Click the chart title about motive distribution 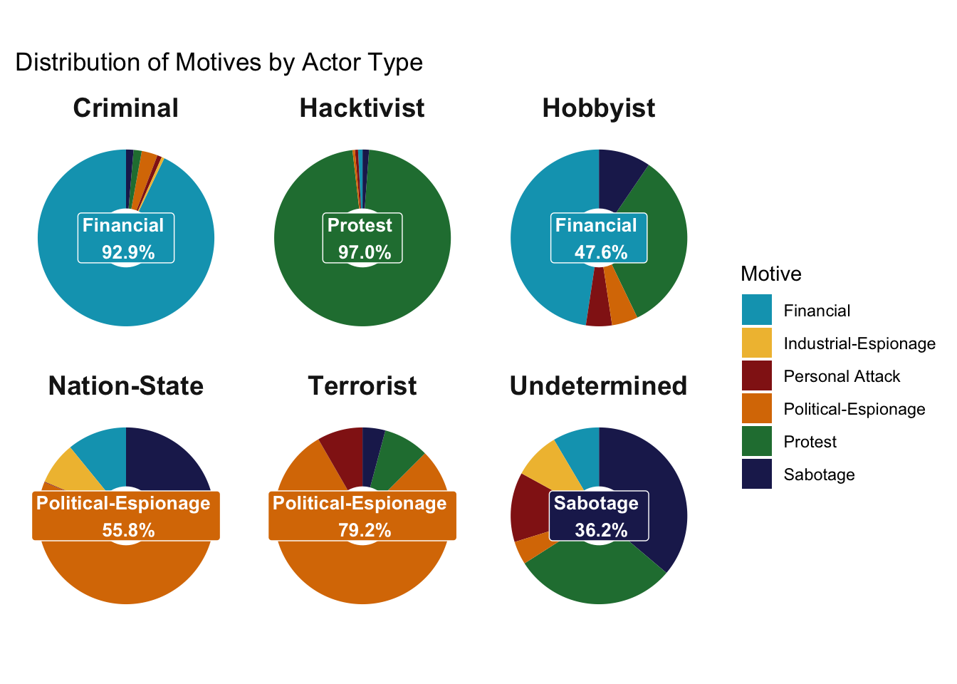pos(219,63)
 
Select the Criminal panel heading pos(126,108)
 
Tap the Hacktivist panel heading pos(362,108)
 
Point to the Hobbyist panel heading pos(599,108)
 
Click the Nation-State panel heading pos(126,386)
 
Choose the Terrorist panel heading pos(362,386)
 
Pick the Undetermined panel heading pos(599,386)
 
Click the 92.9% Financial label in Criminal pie pos(126,238)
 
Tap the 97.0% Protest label pos(362,238)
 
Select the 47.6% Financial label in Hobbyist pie pos(599,238)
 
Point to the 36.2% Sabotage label pos(599,516)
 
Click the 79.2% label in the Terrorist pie pos(362,516)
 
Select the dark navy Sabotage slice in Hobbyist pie pos(619,178)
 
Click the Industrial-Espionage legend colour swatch pos(756,343)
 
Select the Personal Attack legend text pos(841,376)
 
